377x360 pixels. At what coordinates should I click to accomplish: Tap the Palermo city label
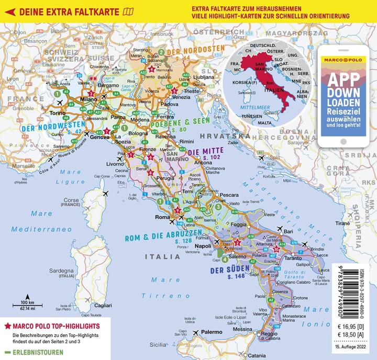tap(212, 332)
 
